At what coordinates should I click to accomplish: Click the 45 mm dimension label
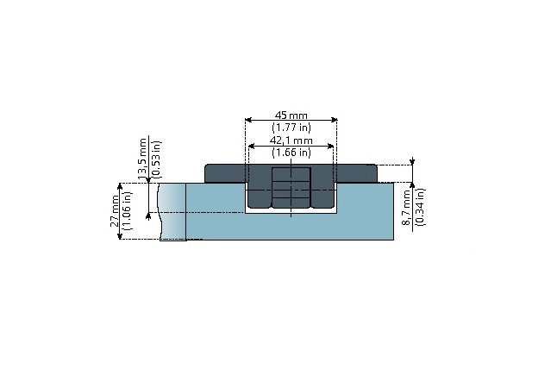point(291,116)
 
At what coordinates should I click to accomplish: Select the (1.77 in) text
point(291,127)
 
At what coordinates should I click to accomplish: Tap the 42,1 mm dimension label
point(291,141)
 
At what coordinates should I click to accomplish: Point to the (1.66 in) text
point(291,153)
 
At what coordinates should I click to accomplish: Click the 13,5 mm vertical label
point(142,159)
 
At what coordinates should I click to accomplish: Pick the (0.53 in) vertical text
point(156,159)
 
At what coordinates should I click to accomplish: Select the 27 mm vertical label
point(115,211)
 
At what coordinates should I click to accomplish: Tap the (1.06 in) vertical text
point(128,211)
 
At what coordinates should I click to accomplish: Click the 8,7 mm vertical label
point(406,208)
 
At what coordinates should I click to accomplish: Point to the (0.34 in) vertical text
point(420,208)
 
